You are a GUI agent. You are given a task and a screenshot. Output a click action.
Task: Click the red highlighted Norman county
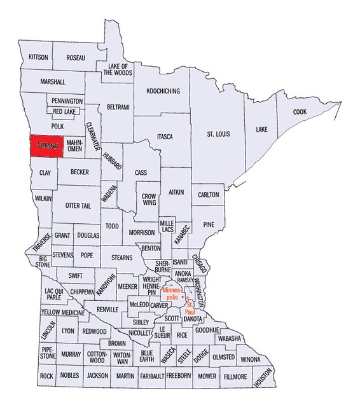pos(47,146)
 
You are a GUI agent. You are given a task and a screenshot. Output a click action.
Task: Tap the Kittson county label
pos(39,57)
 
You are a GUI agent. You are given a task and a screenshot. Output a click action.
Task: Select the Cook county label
pos(300,112)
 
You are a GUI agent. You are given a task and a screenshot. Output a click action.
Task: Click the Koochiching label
pos(162,91)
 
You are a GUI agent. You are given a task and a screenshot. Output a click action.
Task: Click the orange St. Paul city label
pos(189,308)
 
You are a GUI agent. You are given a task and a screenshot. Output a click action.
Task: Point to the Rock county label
pos(46,376)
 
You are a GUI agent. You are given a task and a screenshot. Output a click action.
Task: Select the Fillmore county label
pos(236,376)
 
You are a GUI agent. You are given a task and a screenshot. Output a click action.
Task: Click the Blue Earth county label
pos(147,356)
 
